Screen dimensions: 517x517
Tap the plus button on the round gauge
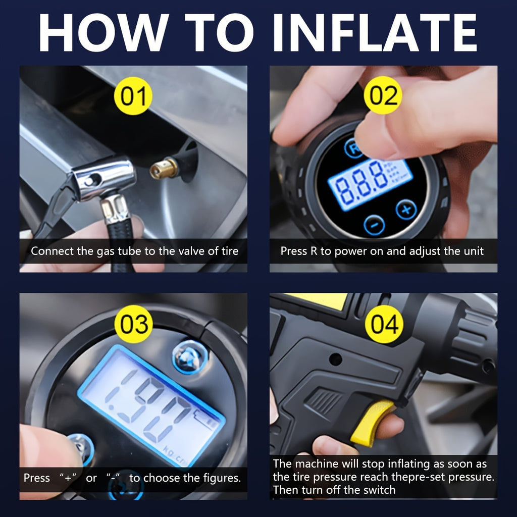coord(405,209)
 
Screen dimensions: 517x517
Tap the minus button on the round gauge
coord(374,225)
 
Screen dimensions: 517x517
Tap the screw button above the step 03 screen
coord(190,356)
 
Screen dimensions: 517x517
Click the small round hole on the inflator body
coord(335,359)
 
